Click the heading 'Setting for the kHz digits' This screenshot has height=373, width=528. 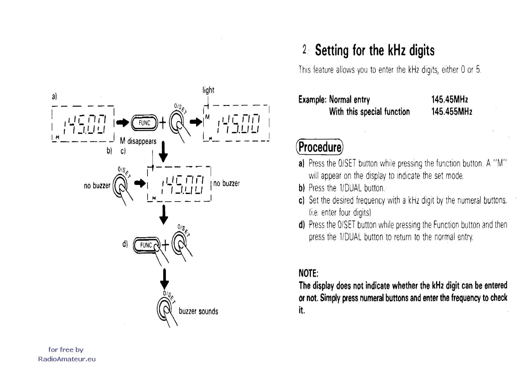click(374, 50)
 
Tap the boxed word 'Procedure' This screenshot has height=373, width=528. click(319, 147)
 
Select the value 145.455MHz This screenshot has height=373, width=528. click(451, 112)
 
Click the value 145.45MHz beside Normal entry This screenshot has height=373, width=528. click(449, 100)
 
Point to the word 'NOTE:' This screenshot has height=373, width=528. click(308, 273)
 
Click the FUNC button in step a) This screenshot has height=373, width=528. click(144, 123)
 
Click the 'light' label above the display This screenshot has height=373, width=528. click(208, 90)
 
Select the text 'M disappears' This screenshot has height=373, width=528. click(138, 141)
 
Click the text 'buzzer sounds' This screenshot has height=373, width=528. click(198, 311)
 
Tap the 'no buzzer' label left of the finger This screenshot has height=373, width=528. click(97, 186)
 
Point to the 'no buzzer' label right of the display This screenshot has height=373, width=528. click(226, 183)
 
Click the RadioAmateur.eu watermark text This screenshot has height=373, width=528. click(67, 359)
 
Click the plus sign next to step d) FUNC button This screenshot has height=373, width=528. click(165, 245)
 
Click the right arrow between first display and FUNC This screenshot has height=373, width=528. click(123, 123)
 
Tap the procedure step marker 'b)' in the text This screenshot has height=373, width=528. click(301, 188)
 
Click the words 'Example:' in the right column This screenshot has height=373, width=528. click(312, 100)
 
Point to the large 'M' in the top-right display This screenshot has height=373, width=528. click(207, 117)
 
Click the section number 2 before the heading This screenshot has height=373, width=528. click(304, 50)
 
